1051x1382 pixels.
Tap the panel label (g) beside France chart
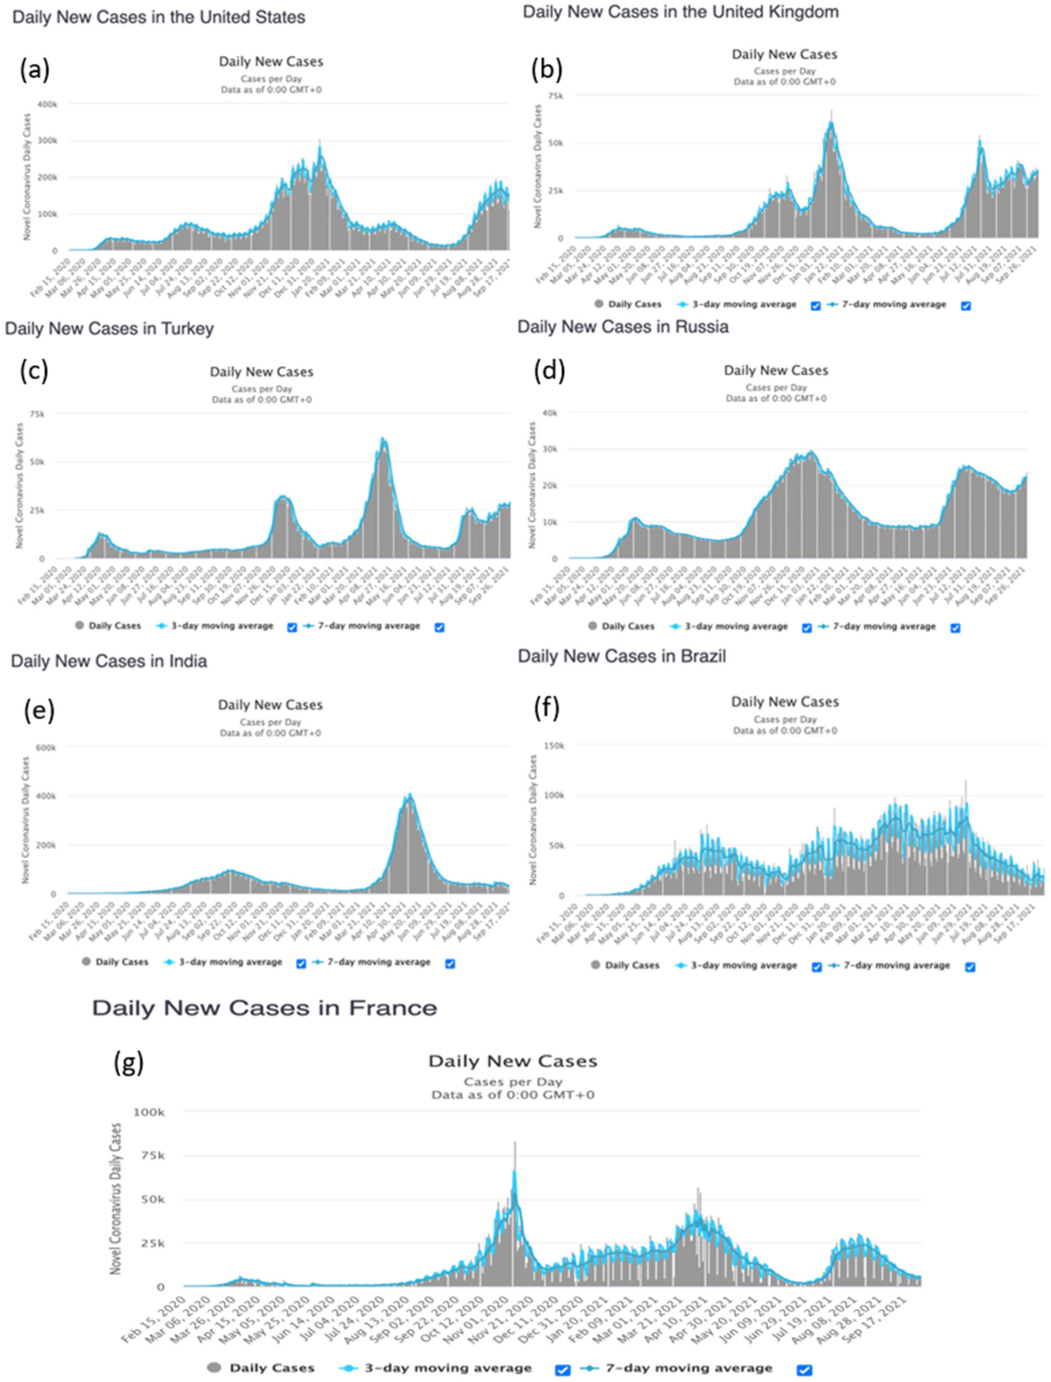pos(128,1062)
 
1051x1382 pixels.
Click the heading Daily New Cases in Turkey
pos(109,329)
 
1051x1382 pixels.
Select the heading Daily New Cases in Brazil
pos(622,656)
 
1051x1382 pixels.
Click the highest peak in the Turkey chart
pos(384,439)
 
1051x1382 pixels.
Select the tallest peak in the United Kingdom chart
pos(832,111)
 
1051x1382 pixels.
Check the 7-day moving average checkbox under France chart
pos(804,1369)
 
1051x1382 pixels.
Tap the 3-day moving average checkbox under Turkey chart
pos(292,627)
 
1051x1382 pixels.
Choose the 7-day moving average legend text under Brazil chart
pos(897,965)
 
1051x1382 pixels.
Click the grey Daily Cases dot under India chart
pos(86,961)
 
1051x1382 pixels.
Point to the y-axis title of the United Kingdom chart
pos(538,166)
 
